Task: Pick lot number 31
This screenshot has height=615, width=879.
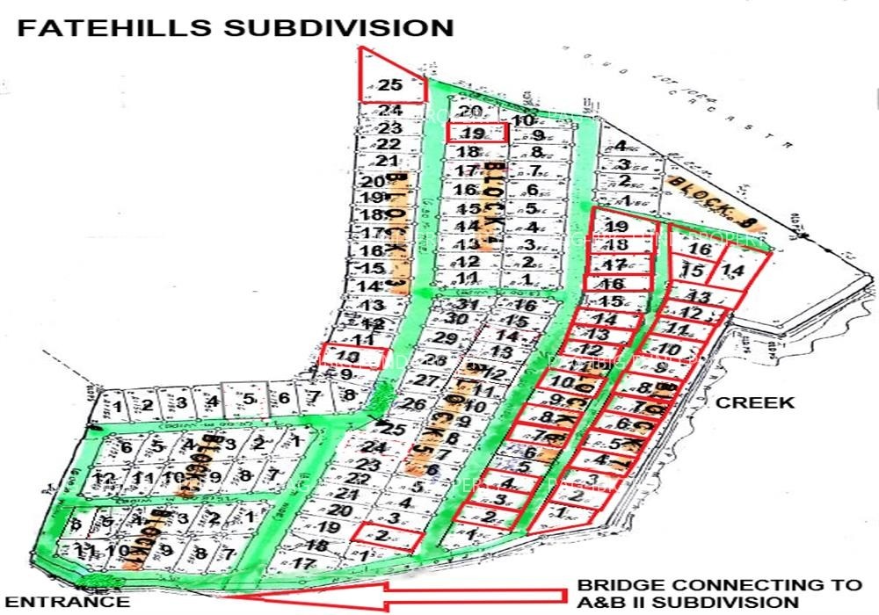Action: pyautogui.click(x=469, y=305)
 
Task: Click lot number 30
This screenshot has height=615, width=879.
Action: pyautogui.click(x=455, y=319)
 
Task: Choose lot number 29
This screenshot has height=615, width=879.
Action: pyautogui.click(x=447, y=339)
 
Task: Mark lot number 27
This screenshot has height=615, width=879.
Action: pyautogui.click(x=426, y=382)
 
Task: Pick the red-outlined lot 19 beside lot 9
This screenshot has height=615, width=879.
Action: pyautogui.click(x=474, y=134)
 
